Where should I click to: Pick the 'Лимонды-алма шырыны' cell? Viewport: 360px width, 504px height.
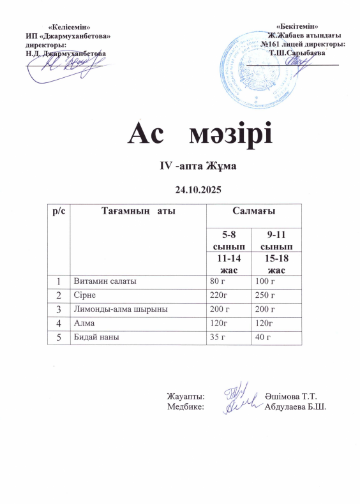[x=121, y=309]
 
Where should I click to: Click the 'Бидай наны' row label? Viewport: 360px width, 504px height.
[x=95, y=337]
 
